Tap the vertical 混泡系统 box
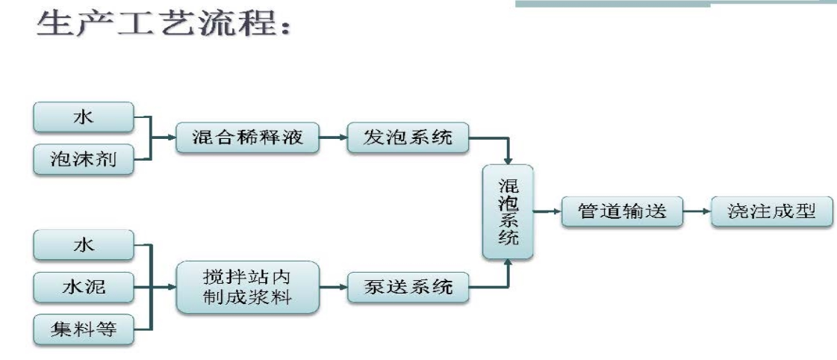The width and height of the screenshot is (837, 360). [x=508, y=212]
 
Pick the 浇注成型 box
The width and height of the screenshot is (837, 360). [x=771, y=212]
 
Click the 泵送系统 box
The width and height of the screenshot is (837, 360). [x=407, y=287]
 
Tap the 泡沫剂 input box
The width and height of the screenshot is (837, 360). [x=84, y=160]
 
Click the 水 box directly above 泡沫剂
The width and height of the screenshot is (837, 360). [x=84, y=118]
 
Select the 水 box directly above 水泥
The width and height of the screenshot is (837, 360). [x=84, y=246]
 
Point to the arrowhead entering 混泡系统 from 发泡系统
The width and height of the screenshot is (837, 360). [x=508, y=160]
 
